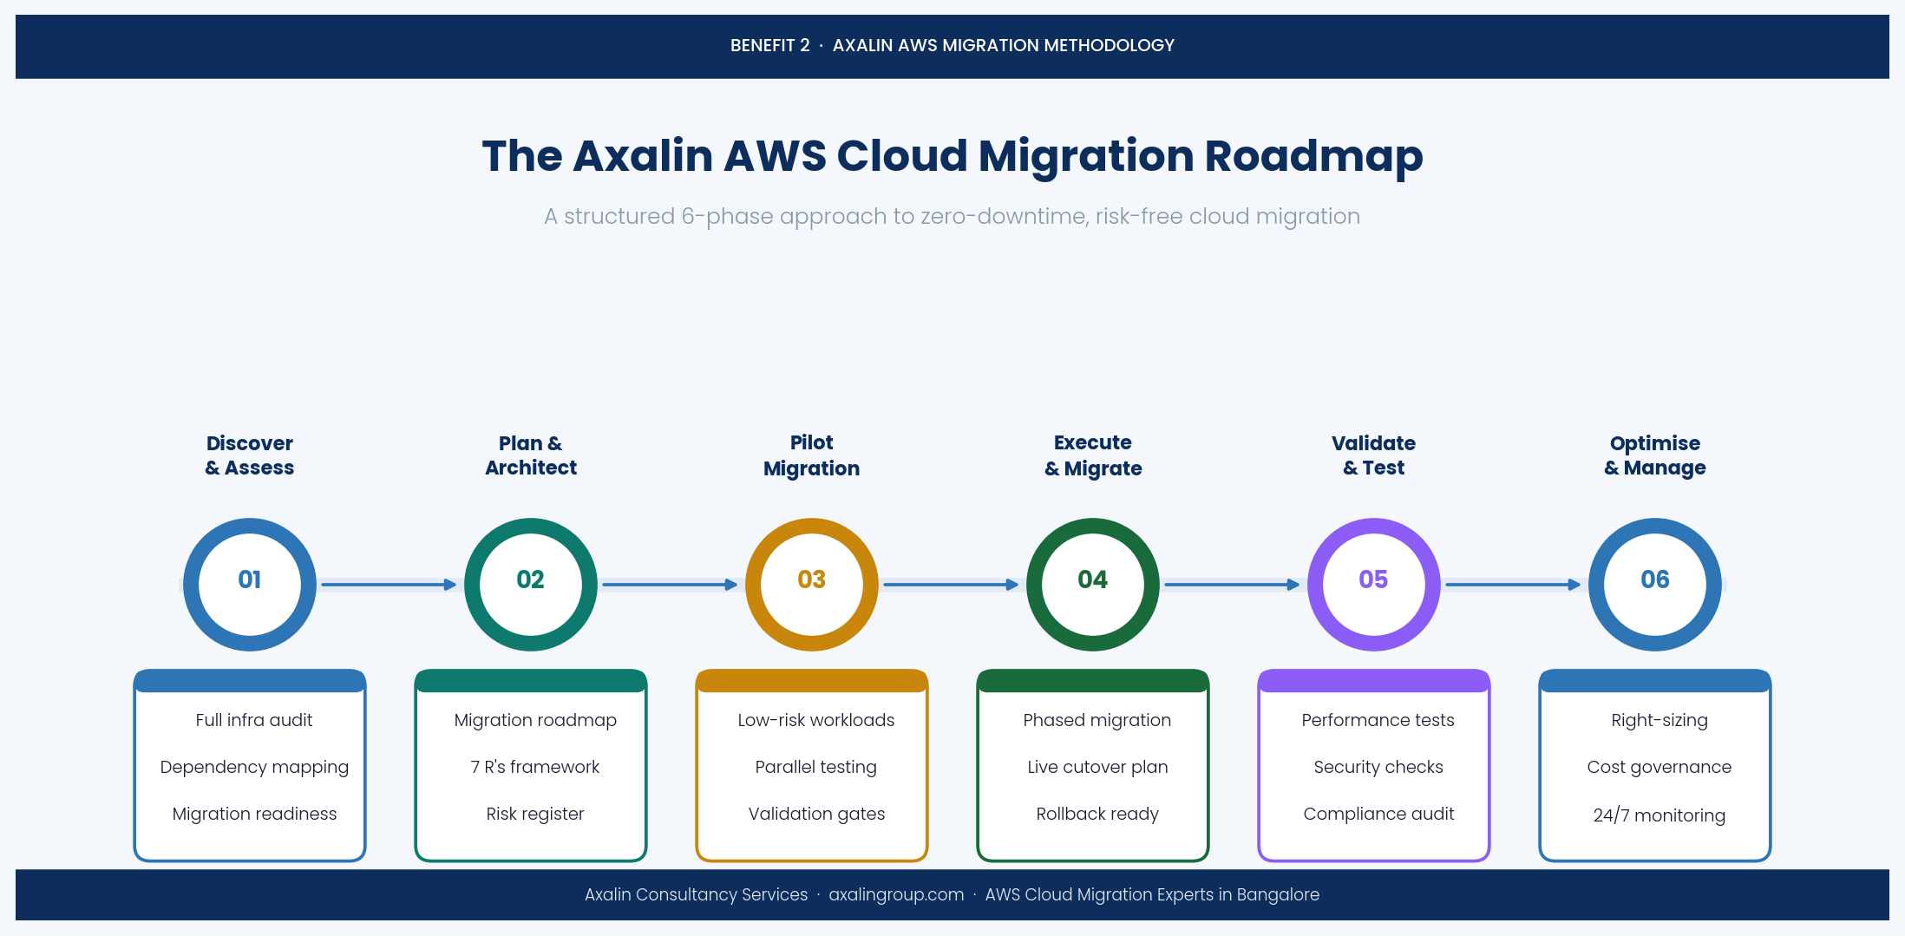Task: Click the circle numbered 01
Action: [250, 584]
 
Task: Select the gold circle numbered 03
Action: [811, 584]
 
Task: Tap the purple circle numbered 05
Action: [1373, 584]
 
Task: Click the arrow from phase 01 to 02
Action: [389, 585]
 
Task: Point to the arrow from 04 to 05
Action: [1232, 585]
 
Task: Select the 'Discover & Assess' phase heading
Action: [250, 455]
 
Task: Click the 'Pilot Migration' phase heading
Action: [811, 455]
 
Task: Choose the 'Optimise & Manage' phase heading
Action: [1654, 455]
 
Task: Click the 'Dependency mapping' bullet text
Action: [254, 767]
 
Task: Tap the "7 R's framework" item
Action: [534, 767]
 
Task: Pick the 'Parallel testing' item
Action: [815, 767]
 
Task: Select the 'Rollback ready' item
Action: [1097, 814]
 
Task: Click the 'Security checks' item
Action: [1378, 767]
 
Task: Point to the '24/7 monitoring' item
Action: [1659, 815]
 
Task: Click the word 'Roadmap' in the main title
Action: [1313, 156]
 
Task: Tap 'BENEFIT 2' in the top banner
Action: [769, 45]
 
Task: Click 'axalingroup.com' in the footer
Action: [896, 894]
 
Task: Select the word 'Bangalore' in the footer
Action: [1278, 894]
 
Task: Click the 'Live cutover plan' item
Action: [1097, 767]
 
